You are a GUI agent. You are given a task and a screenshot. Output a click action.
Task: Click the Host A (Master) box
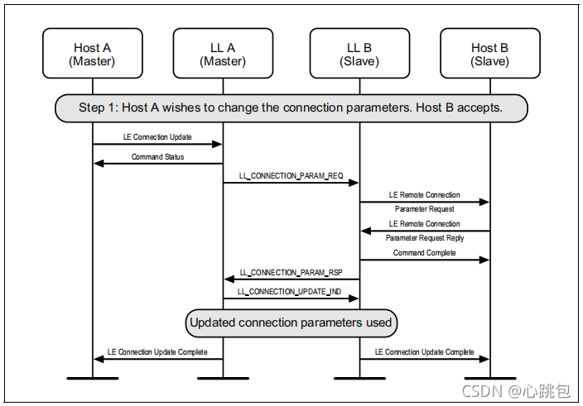click(93, 54)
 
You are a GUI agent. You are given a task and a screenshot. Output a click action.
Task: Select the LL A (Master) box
click(223, 54)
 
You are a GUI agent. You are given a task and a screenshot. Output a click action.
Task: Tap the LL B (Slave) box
click(359, 54)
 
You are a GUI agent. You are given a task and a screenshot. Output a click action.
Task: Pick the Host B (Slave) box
click(490, 54)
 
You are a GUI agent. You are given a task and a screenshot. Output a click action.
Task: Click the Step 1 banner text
click(291, 107)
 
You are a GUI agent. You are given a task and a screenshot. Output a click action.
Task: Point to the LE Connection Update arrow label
click(157, 137)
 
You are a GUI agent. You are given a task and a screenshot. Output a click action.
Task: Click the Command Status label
click(157, 156)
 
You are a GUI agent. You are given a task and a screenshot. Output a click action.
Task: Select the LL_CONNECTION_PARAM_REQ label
click(291, 176)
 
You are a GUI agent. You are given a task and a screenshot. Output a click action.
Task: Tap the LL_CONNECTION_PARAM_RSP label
click(291, 273)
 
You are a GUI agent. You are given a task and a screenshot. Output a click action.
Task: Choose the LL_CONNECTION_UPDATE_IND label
click(289, 292)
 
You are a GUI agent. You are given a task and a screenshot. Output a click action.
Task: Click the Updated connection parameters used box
click(291, 322)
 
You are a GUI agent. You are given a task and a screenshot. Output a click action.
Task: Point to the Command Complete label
click(425, 253)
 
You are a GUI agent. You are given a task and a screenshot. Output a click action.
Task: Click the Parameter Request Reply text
click(425, 238)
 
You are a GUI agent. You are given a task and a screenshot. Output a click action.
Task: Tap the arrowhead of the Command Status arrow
click(99, 163)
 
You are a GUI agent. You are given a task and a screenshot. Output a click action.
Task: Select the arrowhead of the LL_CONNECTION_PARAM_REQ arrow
click(354, 183)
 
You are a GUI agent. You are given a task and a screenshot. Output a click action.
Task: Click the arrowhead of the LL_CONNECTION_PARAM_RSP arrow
click(229, 279)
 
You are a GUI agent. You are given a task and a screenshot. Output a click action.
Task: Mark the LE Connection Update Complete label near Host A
click(157, 351)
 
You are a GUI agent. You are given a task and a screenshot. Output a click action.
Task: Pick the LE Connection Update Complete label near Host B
click(425, 351)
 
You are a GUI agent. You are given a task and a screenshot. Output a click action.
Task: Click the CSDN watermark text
click(516, 391)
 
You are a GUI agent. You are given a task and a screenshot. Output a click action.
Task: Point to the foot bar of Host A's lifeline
click(93, 379)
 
